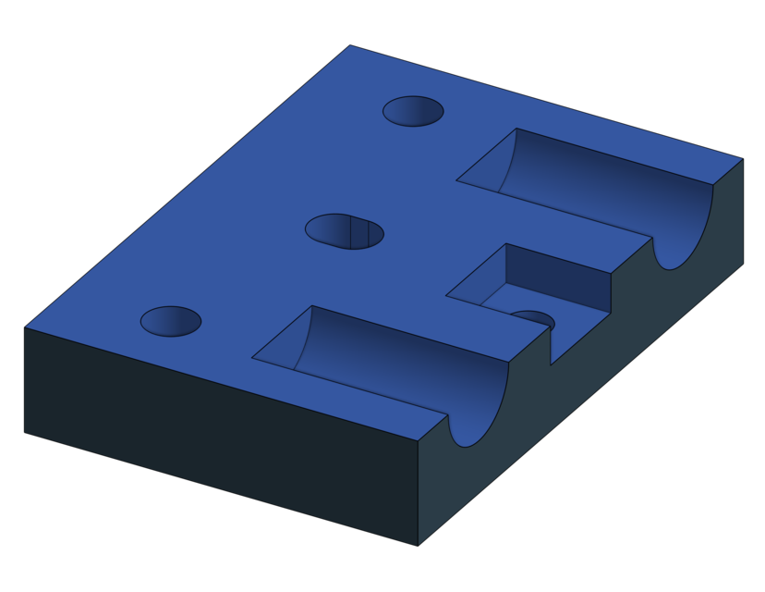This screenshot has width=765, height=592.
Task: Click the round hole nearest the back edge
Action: tap(413, 111)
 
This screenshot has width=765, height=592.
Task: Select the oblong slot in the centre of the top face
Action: tap(344, 231)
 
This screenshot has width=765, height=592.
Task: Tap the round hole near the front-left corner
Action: tap(171, 321)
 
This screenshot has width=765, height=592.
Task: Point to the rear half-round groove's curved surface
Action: tap(610, 199)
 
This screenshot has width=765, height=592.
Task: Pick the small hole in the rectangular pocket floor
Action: tap(533, 319)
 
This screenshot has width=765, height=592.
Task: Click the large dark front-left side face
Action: tap(222, 435)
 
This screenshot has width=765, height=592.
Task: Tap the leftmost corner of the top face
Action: tap(25, 327)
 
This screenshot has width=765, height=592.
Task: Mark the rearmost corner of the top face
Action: tap(350, 45)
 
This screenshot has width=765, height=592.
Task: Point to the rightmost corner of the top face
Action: tap(742, 159)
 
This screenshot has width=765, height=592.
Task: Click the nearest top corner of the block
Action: tap(419, 440)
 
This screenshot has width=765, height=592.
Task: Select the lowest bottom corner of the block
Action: tap(418, 545)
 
